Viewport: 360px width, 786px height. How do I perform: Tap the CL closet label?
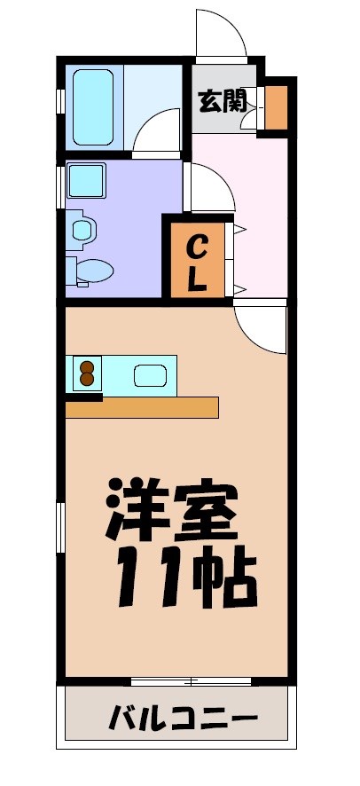(196, 262)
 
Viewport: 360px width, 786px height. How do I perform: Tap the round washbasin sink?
(82, 231)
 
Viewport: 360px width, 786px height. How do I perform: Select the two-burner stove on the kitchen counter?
(87, 373)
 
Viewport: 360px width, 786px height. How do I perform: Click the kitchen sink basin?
(150, 375)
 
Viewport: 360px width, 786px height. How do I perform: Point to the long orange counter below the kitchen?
(142, 407)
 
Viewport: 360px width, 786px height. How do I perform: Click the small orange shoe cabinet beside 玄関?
(278, 106)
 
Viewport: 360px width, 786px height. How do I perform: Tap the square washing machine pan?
(87, 182)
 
